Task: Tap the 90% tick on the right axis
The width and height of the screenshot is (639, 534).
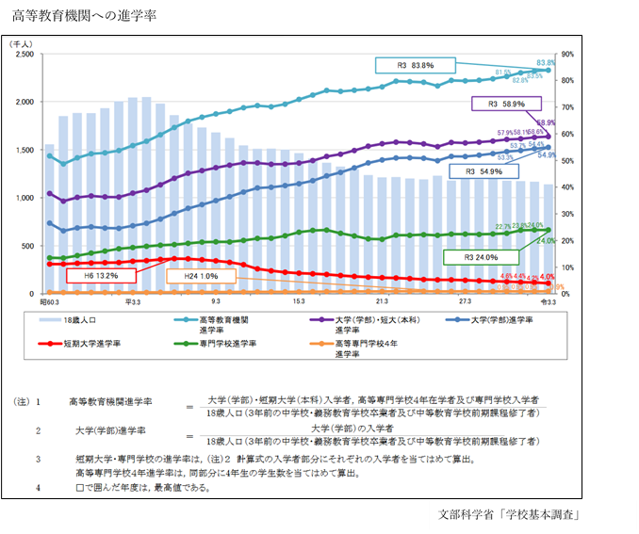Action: pos(568,55)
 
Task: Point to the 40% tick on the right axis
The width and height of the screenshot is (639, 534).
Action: pos(568,187)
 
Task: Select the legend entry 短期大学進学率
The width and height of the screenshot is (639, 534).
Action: pos(93,345)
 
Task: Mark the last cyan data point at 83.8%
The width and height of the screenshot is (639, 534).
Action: pos(548,71)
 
